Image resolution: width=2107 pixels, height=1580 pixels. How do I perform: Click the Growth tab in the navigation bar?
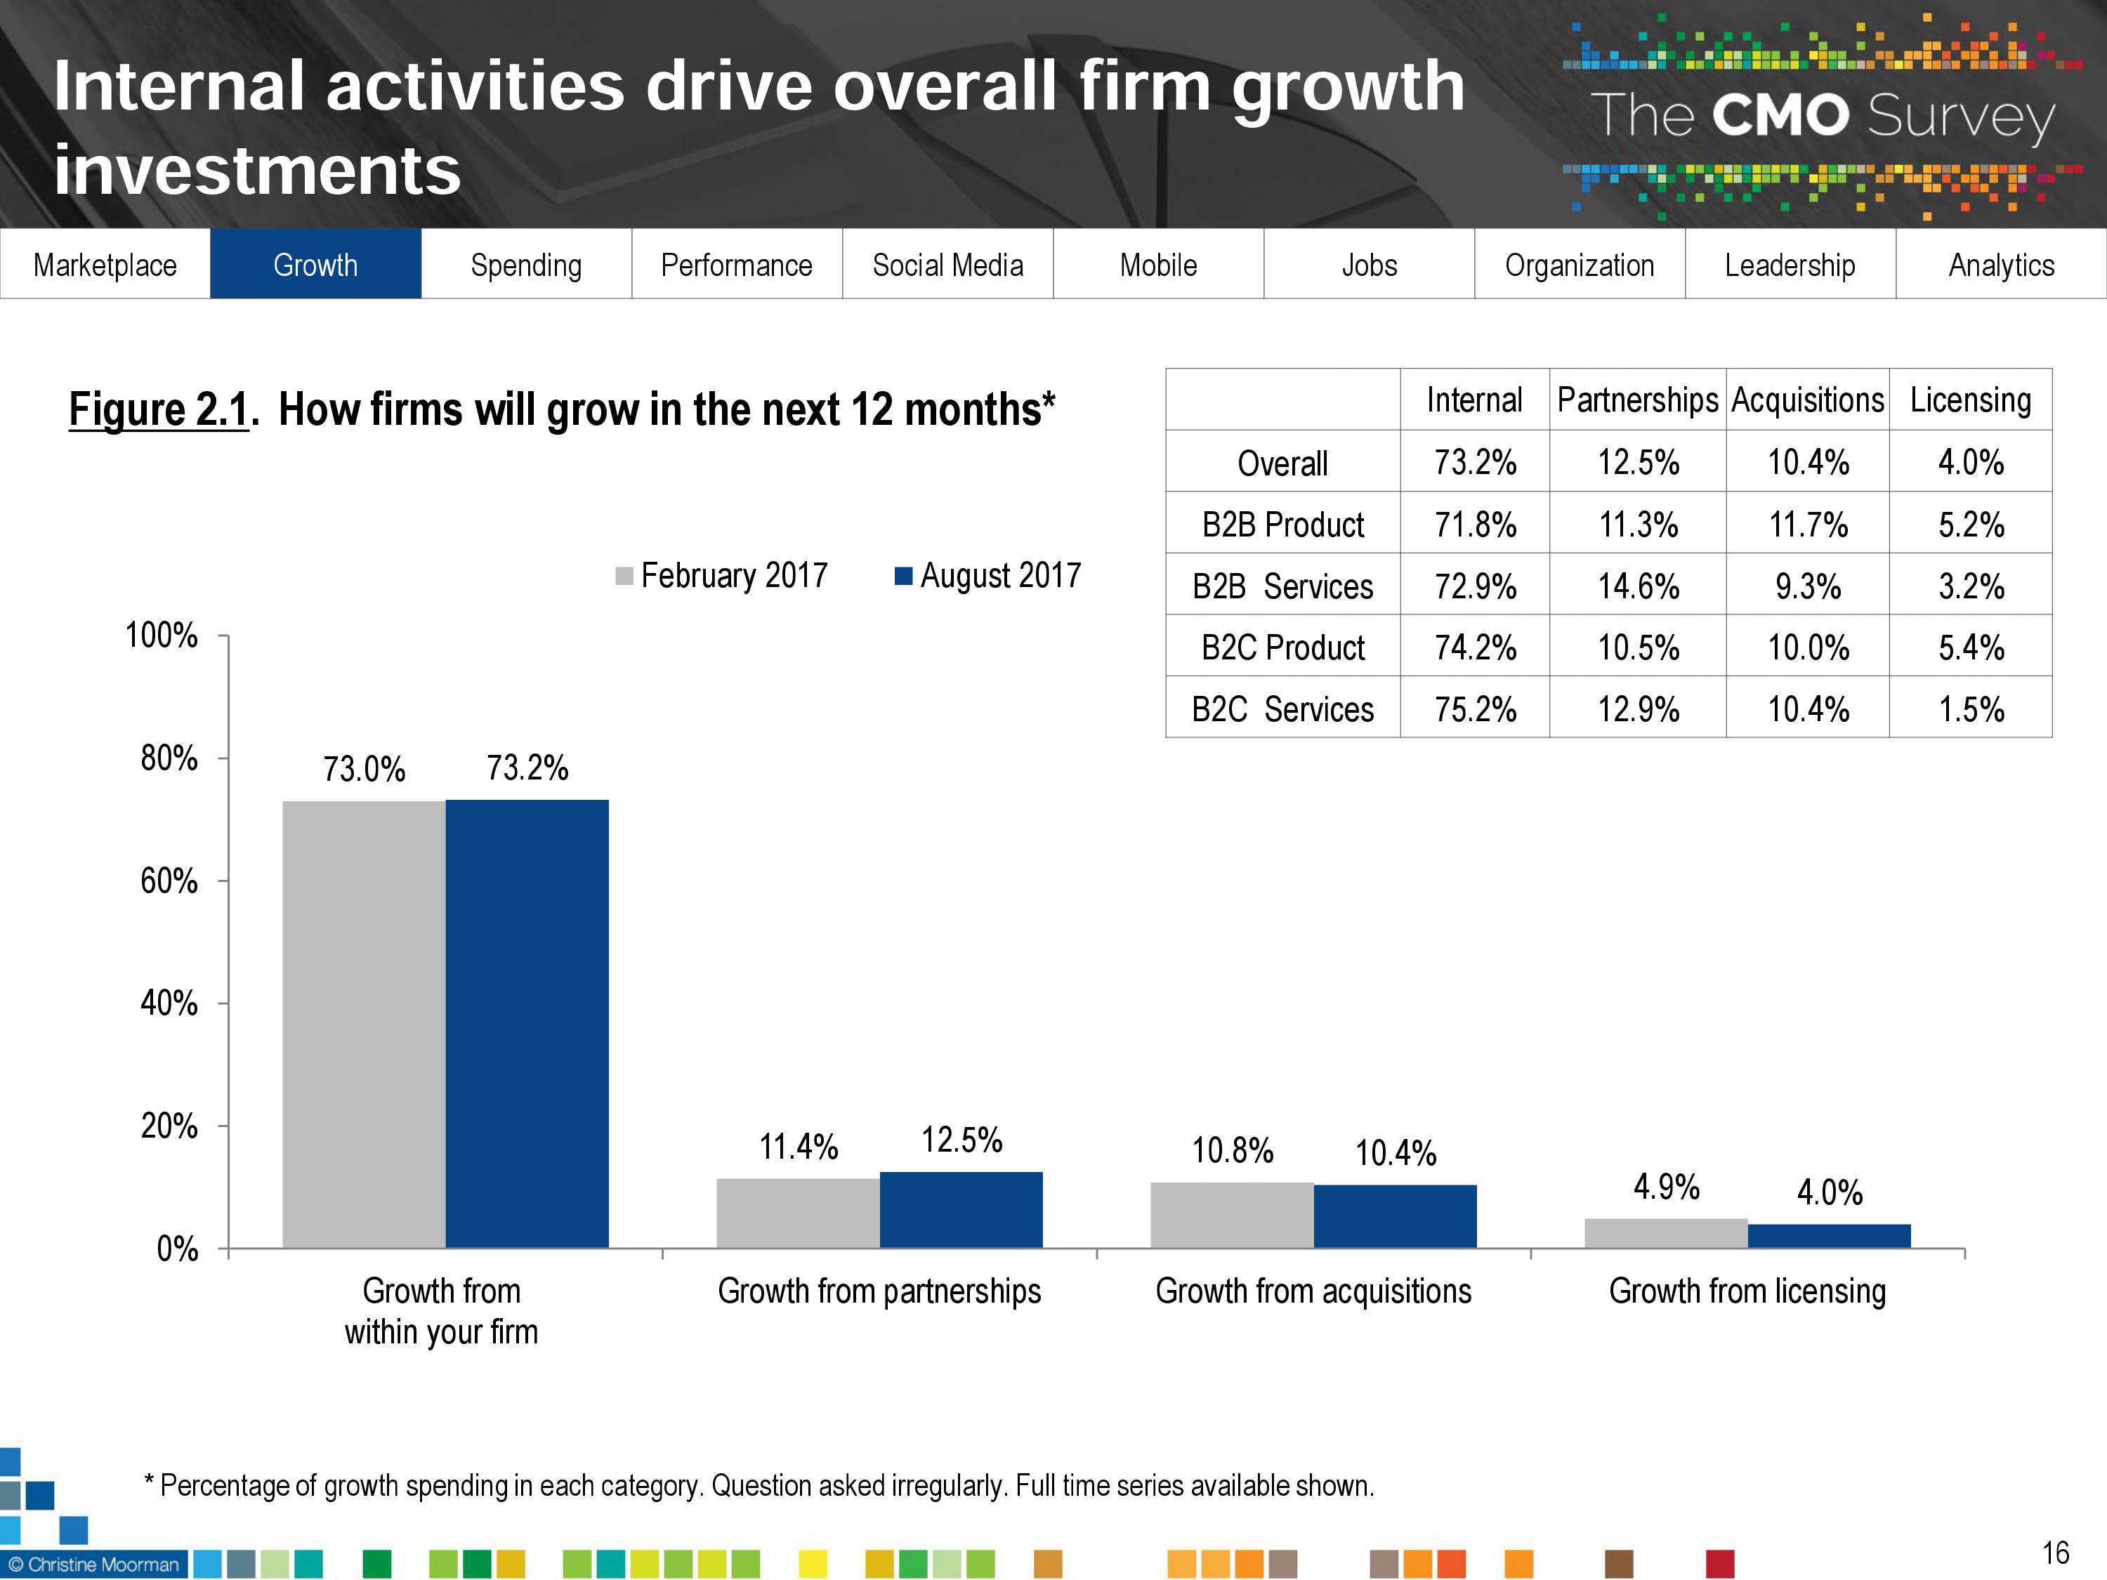pos(315,265)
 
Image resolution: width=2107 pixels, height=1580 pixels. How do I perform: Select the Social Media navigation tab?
pos(947,265)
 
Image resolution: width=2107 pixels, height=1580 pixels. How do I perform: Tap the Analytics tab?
pos(2001,265)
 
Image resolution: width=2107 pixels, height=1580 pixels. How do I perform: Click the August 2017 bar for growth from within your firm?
pos(527,1024)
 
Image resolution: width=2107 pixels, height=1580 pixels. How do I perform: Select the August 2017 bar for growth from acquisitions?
pos(1396,1216)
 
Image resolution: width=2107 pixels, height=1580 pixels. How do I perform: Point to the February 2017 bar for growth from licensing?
pos(1666,1233)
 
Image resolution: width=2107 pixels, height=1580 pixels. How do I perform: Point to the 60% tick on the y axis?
pos(169,881)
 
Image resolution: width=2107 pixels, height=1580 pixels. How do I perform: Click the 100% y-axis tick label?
pos(162,636)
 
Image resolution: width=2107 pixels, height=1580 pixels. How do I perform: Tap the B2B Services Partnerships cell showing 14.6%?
pos(1639,586)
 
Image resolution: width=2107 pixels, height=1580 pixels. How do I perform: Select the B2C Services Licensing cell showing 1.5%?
pos(1971,709)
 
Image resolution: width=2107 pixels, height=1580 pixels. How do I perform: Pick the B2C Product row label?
pos(1283,647)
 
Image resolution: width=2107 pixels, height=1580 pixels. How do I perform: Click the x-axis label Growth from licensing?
pos(1747,1291)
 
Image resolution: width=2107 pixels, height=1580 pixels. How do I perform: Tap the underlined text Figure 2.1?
pos(158,409)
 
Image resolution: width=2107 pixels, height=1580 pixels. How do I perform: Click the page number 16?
pos(2056,1553)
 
